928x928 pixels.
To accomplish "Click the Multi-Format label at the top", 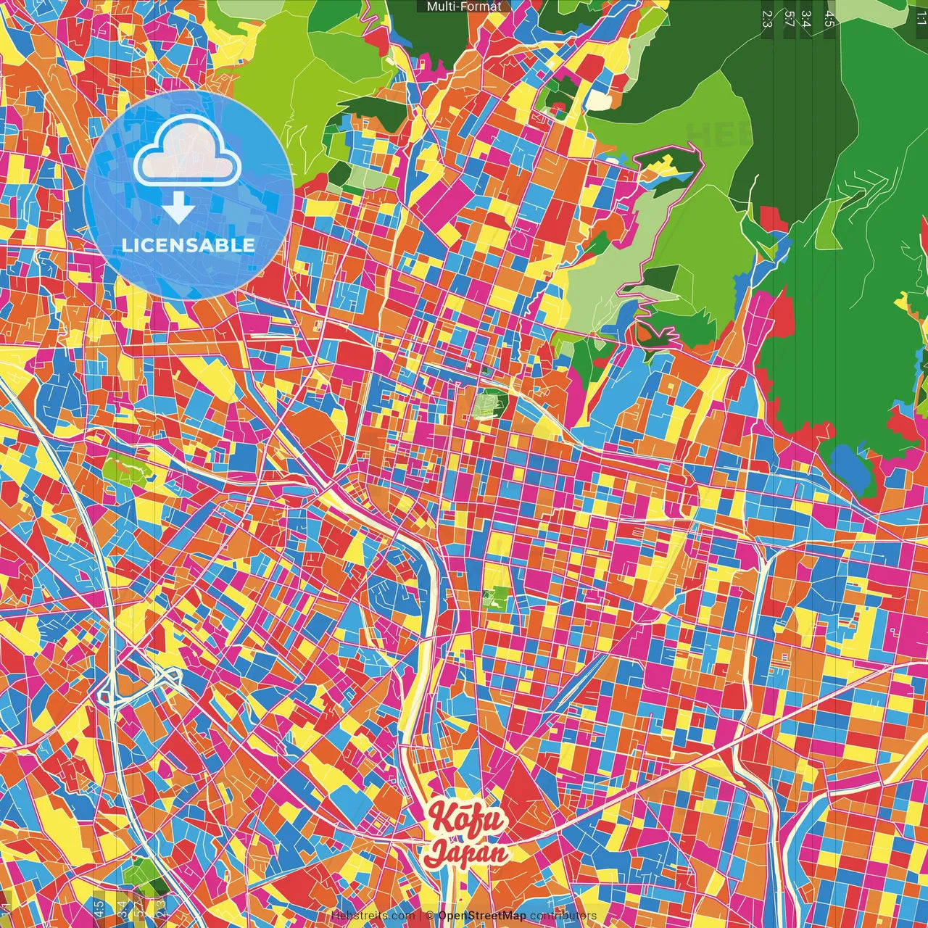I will (x=463, y=7).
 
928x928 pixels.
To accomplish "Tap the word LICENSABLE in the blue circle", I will (x=188, y=245).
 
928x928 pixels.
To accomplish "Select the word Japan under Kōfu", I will (x=466, y=852).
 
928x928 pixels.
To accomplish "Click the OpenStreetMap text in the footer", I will (x=481, y=916).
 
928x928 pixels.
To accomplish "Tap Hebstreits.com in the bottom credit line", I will (x=373, y=916).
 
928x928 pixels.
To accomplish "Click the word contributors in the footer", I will (x=563, y=916).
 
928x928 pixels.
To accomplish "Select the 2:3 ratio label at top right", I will (x=767, y=19).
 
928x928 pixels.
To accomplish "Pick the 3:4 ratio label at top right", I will (x=806, y=19).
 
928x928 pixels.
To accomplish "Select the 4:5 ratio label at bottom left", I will (x=99, y=908).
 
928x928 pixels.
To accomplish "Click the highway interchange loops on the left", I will (x=138, y=685).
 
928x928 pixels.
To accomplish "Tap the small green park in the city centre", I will (x=487, y=404).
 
